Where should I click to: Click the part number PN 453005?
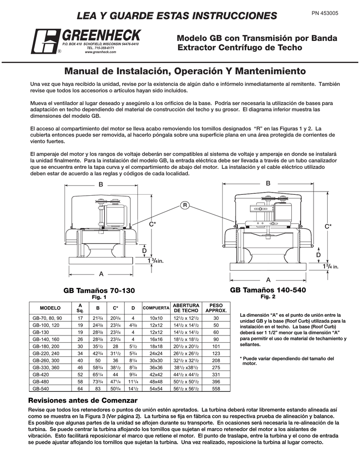[325, 14]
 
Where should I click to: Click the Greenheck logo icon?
[44, 41]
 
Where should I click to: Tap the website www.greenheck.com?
[101, 52]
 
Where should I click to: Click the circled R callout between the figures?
[184, 205]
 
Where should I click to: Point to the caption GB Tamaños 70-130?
[99, 291]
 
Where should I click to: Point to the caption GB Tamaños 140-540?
[268, 290]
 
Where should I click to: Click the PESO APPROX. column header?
[216, 308]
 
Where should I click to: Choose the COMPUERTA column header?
[156, 308]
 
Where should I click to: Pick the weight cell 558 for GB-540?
[216, 389]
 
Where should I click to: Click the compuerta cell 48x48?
[156, 381]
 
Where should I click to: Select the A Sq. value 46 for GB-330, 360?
[80, 367]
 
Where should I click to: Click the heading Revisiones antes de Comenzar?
[83, 400]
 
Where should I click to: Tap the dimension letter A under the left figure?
[101, 274]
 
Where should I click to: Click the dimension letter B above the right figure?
[268, 183]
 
